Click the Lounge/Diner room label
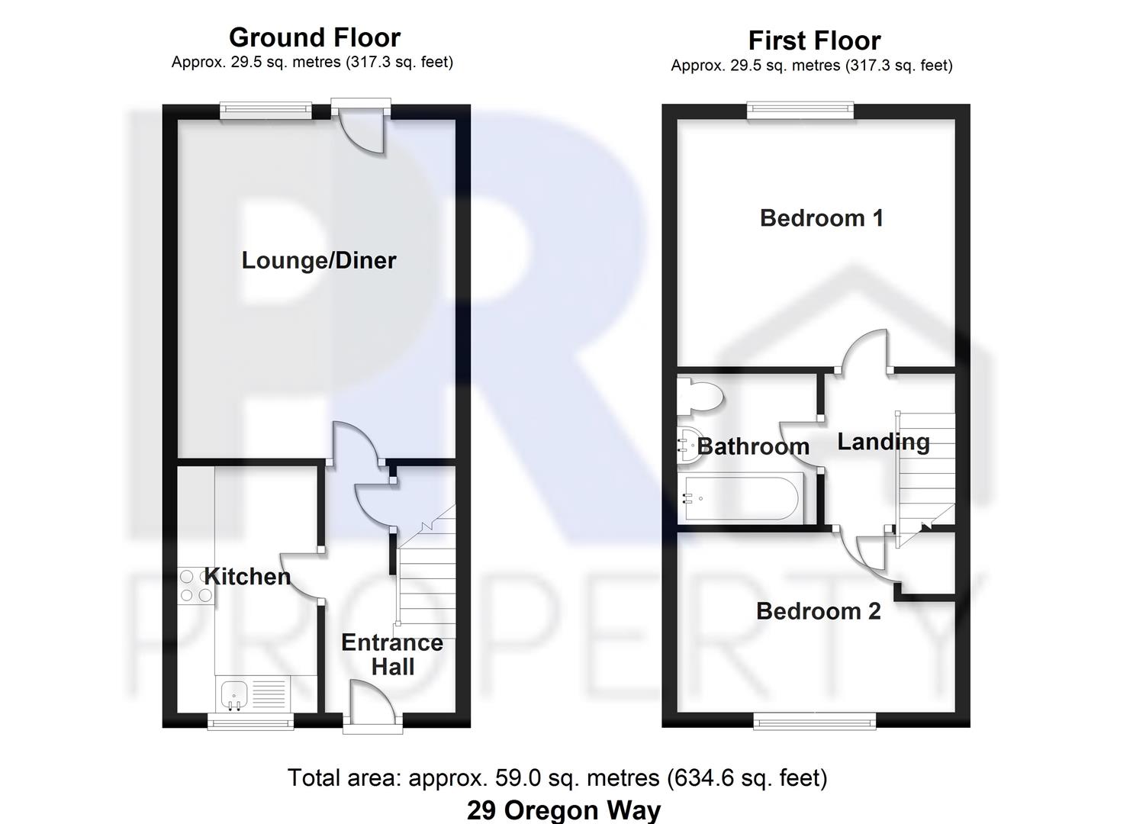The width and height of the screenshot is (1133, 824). pos(319,261)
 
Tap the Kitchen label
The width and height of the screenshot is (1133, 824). pos(247,577)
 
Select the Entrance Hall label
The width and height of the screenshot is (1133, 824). pos(392,655)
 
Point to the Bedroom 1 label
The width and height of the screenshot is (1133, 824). pos(822,218)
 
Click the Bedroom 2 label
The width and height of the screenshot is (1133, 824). pos(819,611)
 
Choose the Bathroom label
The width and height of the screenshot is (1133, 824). pos(753,446)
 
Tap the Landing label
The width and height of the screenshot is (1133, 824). pos(884,443)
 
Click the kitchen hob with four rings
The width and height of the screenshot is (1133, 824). pos(195,586)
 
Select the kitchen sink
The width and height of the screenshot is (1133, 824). pos(235,694)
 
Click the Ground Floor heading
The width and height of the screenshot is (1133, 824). pos(314,37)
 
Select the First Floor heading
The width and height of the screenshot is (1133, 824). pos(814,40)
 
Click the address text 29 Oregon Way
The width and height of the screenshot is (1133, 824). pos(564,810)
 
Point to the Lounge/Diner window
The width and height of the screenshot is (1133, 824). pos(266,111)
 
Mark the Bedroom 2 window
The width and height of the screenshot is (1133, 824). pos(815,720)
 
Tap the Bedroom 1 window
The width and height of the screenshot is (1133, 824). pos(800,111)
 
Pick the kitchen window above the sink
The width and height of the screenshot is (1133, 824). pos(251,721)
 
